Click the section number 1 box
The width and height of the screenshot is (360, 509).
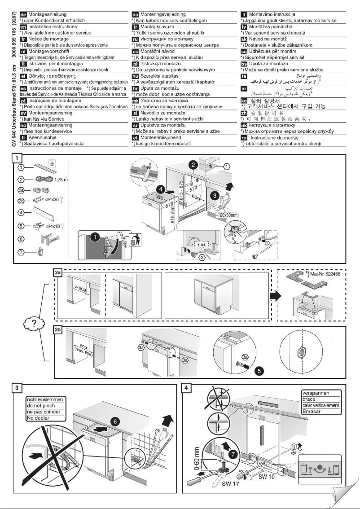17,158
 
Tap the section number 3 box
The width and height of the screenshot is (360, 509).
17,386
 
